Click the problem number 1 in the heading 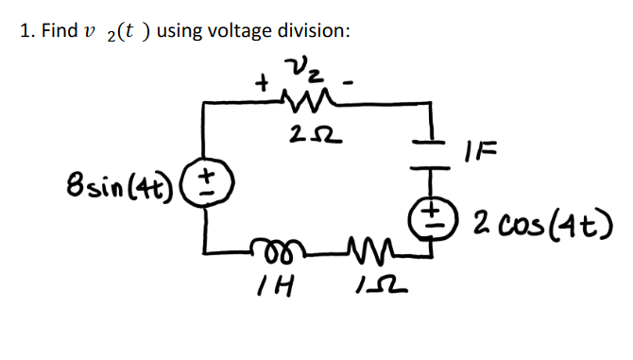tap(26, 30)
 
